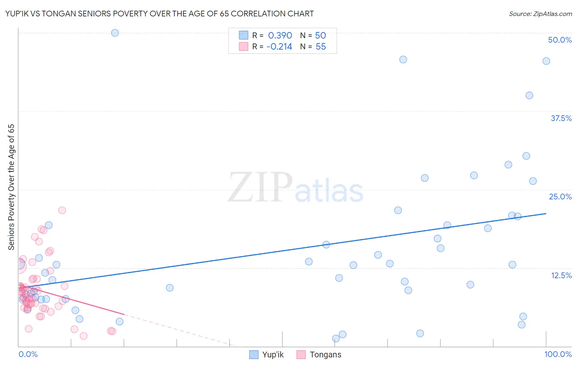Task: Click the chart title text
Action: tap(160, 14)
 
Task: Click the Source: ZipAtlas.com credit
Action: tap(540, 14)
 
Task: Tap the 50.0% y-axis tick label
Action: tap(560, 40)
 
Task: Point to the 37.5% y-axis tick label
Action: tap(561, 118)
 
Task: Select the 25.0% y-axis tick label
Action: tap(560, 197)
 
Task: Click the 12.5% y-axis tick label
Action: tap(561, 275)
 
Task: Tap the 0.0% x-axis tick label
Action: tap(28, 354)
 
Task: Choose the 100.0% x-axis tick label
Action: tap(558, 354)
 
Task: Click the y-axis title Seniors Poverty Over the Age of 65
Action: tap(11, 187)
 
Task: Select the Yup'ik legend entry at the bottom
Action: tap(267, 355)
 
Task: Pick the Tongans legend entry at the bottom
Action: tap(319, 355)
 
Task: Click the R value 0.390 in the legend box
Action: tap(280, 35)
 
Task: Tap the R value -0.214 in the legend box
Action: tap(279, 47)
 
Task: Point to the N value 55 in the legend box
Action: tap(321, 47)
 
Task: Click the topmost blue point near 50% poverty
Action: tap(115, 33)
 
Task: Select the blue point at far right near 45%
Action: tap(546, 61)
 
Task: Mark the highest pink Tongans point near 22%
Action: tap(62, 210)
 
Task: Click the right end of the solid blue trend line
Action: tap(546, 213)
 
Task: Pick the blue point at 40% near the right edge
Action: tap(529, 96)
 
